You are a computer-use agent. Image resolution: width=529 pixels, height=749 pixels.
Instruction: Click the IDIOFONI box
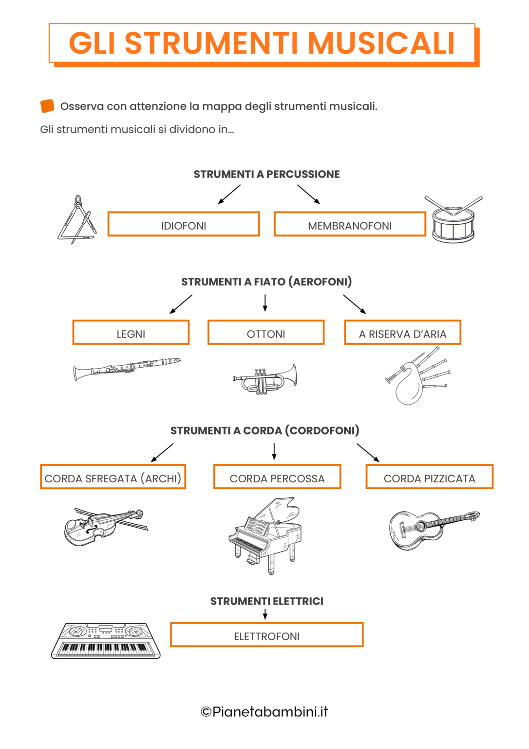click(x=184, y=224)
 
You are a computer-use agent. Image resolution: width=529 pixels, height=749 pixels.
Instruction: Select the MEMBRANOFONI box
click(x=350, y=224)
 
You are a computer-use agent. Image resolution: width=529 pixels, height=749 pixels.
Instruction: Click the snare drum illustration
click(x=453, y=222)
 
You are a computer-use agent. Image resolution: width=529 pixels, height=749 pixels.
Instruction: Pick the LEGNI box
click(x=131, y=333)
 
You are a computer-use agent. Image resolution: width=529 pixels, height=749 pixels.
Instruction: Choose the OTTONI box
click(x=266, y=333)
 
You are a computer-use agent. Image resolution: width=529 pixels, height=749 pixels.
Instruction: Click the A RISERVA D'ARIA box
click(x=402, y=333)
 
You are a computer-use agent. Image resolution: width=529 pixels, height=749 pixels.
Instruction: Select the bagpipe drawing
click(x=414, y=378)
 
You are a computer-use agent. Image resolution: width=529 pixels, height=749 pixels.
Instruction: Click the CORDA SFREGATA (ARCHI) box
click(x=113, y=477)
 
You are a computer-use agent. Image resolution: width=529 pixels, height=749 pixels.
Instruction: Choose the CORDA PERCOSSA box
click(x=277, y=477)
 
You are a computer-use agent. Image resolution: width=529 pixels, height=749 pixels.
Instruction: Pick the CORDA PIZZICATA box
click(x=429, y=477)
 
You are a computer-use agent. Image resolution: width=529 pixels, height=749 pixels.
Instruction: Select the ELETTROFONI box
click(x=267, y=635)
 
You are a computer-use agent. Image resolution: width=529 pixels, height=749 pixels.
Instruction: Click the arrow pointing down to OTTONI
click(x=265, y=303)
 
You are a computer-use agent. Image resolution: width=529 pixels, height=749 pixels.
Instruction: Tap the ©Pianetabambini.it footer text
click(x=264, y=712)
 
